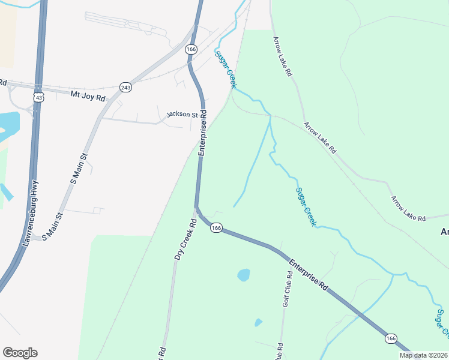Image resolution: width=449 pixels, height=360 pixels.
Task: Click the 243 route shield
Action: [125, 87]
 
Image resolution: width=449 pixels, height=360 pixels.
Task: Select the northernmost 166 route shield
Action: [191, 49]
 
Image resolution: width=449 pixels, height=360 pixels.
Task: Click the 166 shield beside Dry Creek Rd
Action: [217, 228]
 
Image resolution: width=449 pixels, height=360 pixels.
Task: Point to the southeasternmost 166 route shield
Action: [391, 339]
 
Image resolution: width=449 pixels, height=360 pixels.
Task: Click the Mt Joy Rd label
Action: [88, 95]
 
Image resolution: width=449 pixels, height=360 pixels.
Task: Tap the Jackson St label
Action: [182, 114]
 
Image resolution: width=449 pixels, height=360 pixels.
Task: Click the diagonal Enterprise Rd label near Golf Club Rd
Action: [309, 275]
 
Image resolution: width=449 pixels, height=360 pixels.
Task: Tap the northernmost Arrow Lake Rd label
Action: [282, 56]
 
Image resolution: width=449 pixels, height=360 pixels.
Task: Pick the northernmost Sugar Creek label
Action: [225, 70]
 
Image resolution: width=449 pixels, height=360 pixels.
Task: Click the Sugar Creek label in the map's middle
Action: [306, 206]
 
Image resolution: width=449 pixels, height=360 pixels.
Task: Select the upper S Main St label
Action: [79, 168]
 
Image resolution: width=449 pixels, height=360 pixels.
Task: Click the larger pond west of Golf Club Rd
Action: [243, 275]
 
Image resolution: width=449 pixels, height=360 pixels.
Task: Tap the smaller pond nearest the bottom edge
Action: [258, 322]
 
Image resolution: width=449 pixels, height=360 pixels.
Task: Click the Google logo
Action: [20, 353]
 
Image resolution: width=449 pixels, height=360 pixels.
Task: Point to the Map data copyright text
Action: [423, 355]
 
